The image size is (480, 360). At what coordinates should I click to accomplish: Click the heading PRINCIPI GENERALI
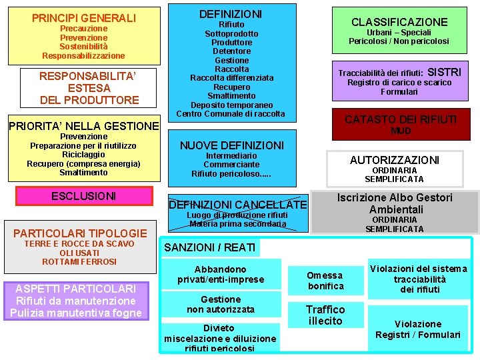[83, 18]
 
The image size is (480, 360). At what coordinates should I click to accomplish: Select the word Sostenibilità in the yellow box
[83, 47]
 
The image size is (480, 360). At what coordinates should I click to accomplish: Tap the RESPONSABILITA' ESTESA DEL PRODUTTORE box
[89, 88]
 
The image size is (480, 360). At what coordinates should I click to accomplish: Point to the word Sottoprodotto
[231, 33]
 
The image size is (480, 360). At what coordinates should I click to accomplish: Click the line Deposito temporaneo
[231, 105]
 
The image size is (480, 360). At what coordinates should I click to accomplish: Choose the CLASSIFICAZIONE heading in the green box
[399, 22]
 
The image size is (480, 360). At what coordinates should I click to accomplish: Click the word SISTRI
[443, 72]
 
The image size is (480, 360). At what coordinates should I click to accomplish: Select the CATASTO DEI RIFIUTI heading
[400, 119]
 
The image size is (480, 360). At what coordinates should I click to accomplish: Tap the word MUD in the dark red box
[400, 131]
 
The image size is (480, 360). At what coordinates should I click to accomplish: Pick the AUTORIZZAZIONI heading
[395, 160]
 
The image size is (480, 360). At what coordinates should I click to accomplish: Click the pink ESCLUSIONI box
[84, 196]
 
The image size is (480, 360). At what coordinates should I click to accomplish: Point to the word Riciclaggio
[83, 155]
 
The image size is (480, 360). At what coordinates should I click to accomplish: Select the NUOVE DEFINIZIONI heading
[231, 145]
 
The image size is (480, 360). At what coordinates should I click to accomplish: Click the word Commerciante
[231, 165]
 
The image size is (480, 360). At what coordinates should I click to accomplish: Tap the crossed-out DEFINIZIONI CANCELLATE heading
[238, 205]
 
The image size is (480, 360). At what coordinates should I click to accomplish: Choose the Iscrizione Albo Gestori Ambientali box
[395, 203]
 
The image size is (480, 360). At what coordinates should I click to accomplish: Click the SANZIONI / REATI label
[209, 247]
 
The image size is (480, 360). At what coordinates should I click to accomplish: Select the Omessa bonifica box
[325, 281]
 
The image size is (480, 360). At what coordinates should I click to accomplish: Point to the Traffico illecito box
[325, 315]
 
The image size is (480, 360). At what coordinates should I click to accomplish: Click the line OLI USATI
[79, 253]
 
